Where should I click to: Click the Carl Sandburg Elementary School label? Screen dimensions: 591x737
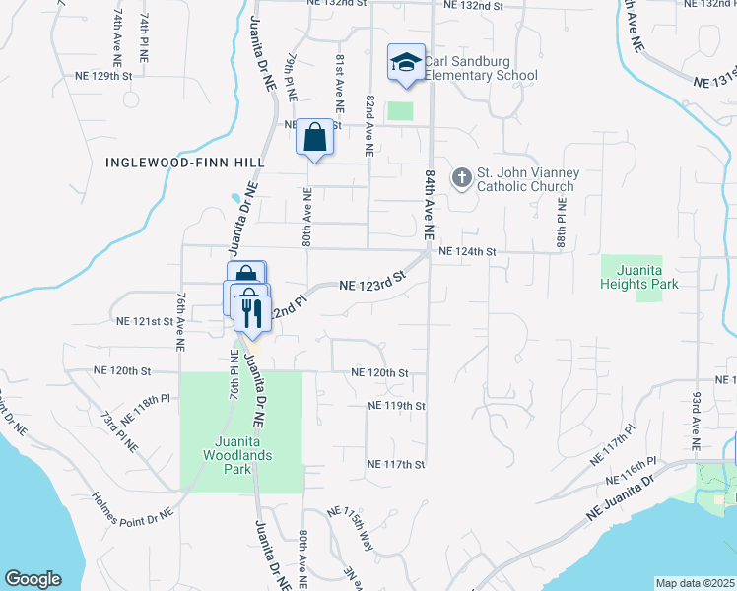[481, 68]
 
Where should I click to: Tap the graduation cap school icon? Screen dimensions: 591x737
[406, 63]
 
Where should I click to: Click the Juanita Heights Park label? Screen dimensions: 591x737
[639, 276]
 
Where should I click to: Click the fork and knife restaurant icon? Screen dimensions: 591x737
[251, 313]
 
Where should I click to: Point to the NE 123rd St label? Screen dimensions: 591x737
[372, 284]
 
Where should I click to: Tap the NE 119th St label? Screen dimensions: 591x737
[395, 405]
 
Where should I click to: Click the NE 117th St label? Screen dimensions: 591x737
[395, 464]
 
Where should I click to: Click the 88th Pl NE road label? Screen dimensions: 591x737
[561, 224]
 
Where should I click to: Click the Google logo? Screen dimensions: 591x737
[33, 579]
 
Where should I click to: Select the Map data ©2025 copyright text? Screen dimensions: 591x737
[695, 583]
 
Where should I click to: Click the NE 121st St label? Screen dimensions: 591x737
[145, 321]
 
